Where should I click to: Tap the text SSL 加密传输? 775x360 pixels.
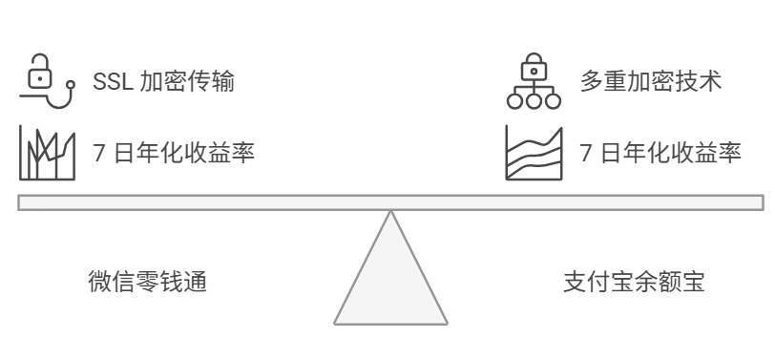point(163,82)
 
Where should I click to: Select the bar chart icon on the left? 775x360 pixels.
point(47,154)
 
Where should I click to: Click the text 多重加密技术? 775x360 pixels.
point(650,82)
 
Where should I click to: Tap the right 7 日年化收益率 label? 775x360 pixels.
point(660,152)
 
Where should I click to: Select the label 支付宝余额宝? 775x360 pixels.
point(633,283)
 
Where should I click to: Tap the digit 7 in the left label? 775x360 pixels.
point(98,152)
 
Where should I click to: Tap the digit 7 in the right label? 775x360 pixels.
point(586,152)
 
